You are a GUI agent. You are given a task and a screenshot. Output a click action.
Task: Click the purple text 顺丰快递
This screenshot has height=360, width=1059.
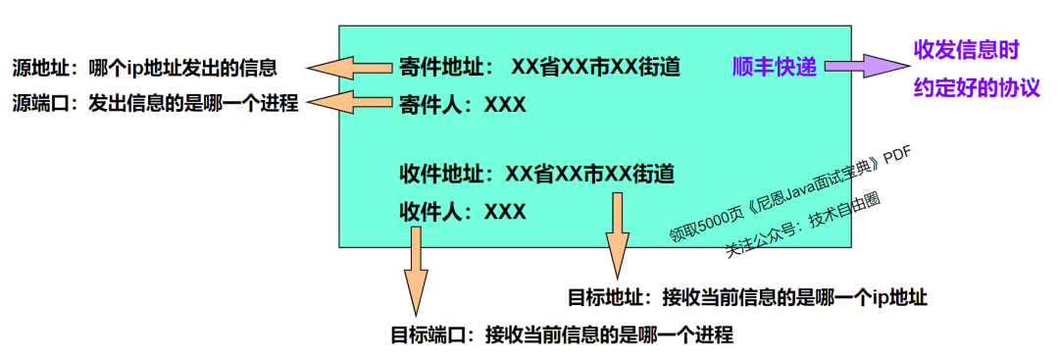(775, 67)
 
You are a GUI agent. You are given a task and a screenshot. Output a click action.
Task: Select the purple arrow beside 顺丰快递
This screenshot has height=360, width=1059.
(860, 67)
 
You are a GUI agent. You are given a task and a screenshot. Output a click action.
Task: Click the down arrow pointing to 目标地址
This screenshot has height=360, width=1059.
(617, 235)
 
